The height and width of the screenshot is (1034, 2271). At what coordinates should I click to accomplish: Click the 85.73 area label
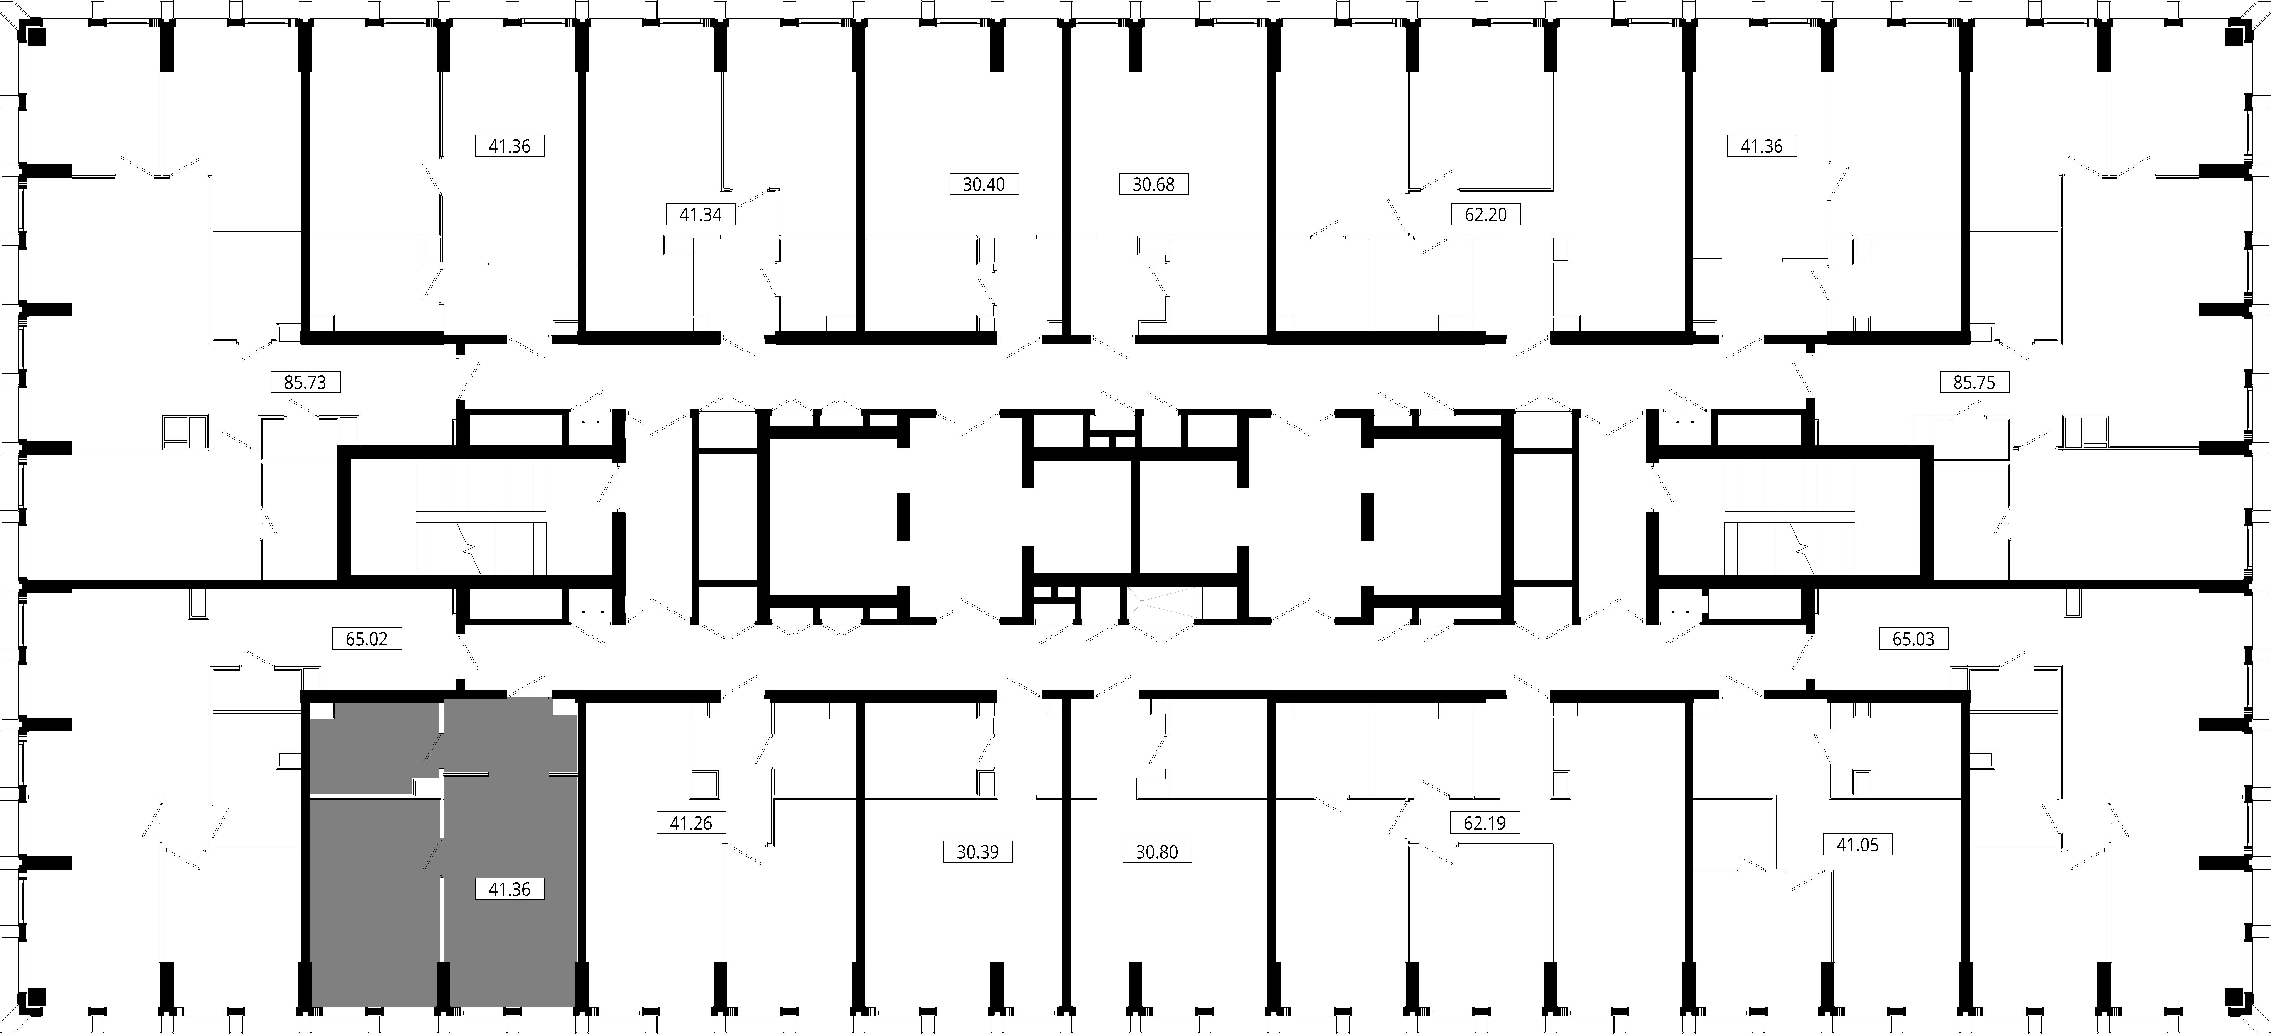(x=305, y=383)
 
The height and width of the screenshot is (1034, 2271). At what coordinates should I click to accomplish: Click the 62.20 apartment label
(x=1485, y=214)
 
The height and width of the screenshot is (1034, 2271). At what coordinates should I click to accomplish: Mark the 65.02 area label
(x=367, y=638)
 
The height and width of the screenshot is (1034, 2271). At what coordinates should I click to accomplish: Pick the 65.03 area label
(x=1913, y=638)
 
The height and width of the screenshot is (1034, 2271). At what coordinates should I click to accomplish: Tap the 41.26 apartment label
(x=691, y=823)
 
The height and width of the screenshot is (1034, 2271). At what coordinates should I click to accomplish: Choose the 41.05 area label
(x=1857, y=844)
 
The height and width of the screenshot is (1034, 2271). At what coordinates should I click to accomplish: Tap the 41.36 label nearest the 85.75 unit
(x=1761, y=146)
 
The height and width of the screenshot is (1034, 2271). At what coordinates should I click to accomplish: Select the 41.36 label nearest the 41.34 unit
(x=510, y=146)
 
